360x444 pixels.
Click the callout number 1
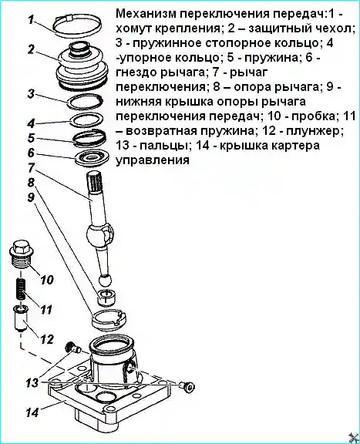[30, 19]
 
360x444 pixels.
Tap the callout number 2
[30, 51]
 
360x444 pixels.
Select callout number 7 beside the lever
[30, 168]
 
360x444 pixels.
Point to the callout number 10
[45, 280]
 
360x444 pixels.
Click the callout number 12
[47, 338]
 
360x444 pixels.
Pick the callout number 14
[30, 412]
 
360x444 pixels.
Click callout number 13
[30, 382]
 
